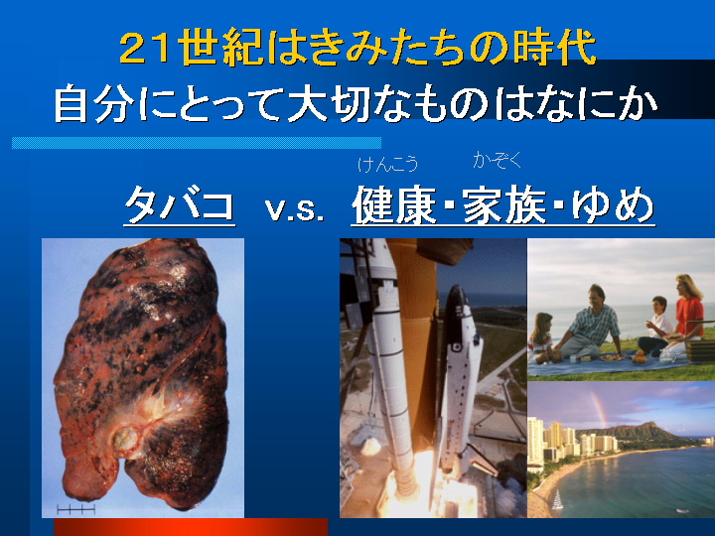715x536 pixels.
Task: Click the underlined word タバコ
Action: [x=180, y=204]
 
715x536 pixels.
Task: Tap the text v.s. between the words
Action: [x=295, y=209]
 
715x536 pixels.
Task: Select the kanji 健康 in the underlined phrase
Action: [x=394, y=205]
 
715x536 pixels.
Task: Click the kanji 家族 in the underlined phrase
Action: [x=504, y=205]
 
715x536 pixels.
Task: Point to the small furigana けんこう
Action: [x=387, y=164]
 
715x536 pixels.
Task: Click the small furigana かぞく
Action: [x=498, y=160]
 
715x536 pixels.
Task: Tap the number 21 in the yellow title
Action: [x=146, y=47]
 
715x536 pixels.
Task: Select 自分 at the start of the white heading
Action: [x=94, y=103]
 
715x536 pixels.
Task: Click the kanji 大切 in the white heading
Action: [x=329, y=103]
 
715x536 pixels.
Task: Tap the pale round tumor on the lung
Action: [x=126, y=440]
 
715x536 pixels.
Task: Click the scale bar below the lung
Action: [x=75, y=509]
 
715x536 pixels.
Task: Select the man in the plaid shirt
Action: [x=589, y=323]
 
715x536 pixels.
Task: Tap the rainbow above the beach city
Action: [x=599, y=409]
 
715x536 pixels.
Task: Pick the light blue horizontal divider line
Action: [x=197, y=143]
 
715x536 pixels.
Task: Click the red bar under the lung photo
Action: [x=191, y=527]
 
